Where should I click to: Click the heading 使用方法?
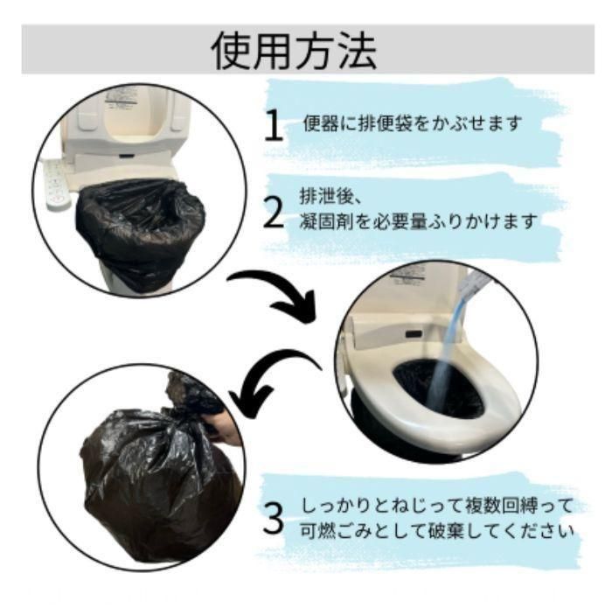(x=294, y=51)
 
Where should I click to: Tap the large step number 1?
(x=273, y=124)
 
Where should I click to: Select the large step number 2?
(x=274, y=212)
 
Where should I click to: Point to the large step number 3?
(x=273, y=518)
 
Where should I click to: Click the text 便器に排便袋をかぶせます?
(x=413, y=123)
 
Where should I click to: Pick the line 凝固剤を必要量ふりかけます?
(x=419, y=222)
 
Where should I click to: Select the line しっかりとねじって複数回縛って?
(x=437, y=506)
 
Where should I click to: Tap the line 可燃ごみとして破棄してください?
(x=437, y=531)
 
